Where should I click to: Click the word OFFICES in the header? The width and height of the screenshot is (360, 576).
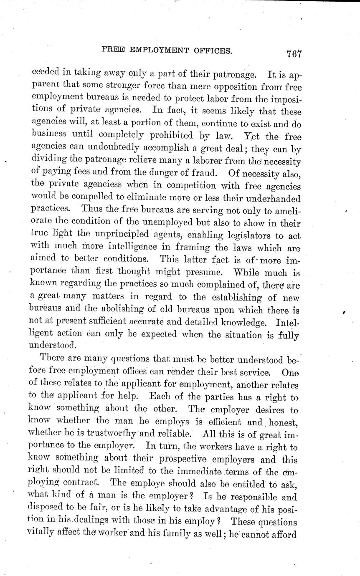tap(209, 51)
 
